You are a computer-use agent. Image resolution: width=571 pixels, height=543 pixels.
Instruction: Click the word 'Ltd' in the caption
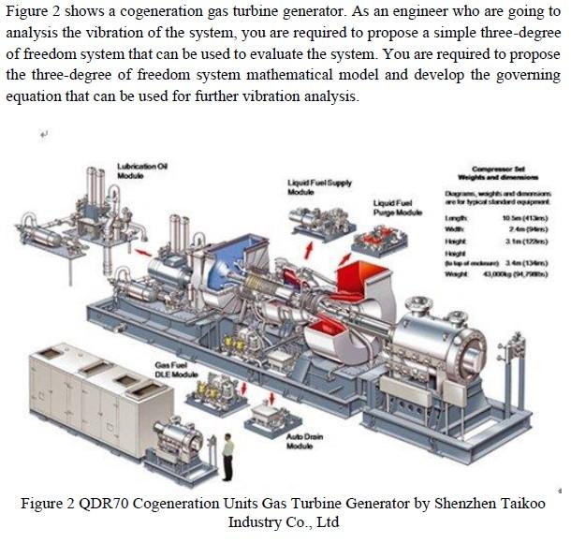(327, 522)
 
